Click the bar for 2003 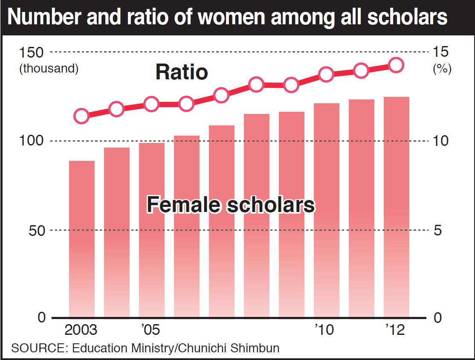tap(82, 239)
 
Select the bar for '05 tap(152, 230)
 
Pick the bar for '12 tap(397, 207)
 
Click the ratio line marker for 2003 tap(81, 116)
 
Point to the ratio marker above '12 tap(396, 65)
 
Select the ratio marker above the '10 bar tap(327, 74)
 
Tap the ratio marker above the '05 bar tap(152, 104)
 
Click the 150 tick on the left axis tap(31, 53)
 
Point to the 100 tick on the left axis tap(31, 141)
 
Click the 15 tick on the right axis tap(442, 53)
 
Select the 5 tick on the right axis tap(438, 230)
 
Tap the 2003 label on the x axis tap(81, 330)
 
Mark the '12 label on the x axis tap(394, 330)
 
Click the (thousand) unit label tap(49, 69)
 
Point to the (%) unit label tap(442, 69)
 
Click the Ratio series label tap(182, 72)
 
